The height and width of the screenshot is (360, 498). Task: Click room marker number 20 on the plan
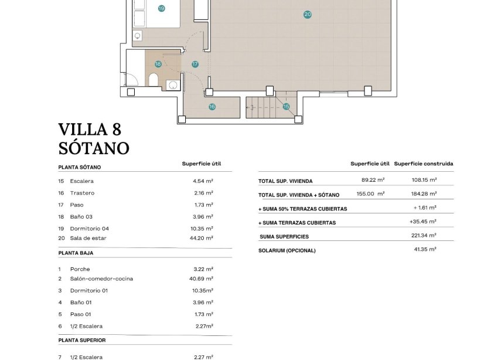(308, 15)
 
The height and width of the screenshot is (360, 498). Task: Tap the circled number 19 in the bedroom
(161, 8)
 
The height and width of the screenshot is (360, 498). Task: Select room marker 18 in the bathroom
(158, 64)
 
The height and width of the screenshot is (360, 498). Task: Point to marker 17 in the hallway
(195, 64)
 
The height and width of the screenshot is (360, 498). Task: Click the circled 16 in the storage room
(212, 107)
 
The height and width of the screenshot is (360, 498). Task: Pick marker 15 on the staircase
(286, 107)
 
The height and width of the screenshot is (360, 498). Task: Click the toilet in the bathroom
(153, 80)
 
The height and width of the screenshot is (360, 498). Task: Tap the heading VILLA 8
(90, 130)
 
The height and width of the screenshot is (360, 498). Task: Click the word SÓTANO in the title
(94, 148)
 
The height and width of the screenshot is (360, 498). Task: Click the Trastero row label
(82, 193)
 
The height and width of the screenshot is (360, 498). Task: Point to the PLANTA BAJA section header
(76, 253)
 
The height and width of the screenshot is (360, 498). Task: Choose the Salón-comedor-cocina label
(101, 279)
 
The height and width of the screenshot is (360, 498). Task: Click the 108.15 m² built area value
(425, 180)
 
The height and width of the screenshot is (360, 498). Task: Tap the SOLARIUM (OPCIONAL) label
(287, 250)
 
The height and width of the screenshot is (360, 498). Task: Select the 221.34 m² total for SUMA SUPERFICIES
(424, 236)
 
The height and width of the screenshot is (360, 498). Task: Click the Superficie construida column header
(424, 164)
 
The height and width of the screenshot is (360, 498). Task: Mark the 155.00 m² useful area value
(370, 193)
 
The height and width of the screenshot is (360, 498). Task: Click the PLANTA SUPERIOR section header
(82, 340)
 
